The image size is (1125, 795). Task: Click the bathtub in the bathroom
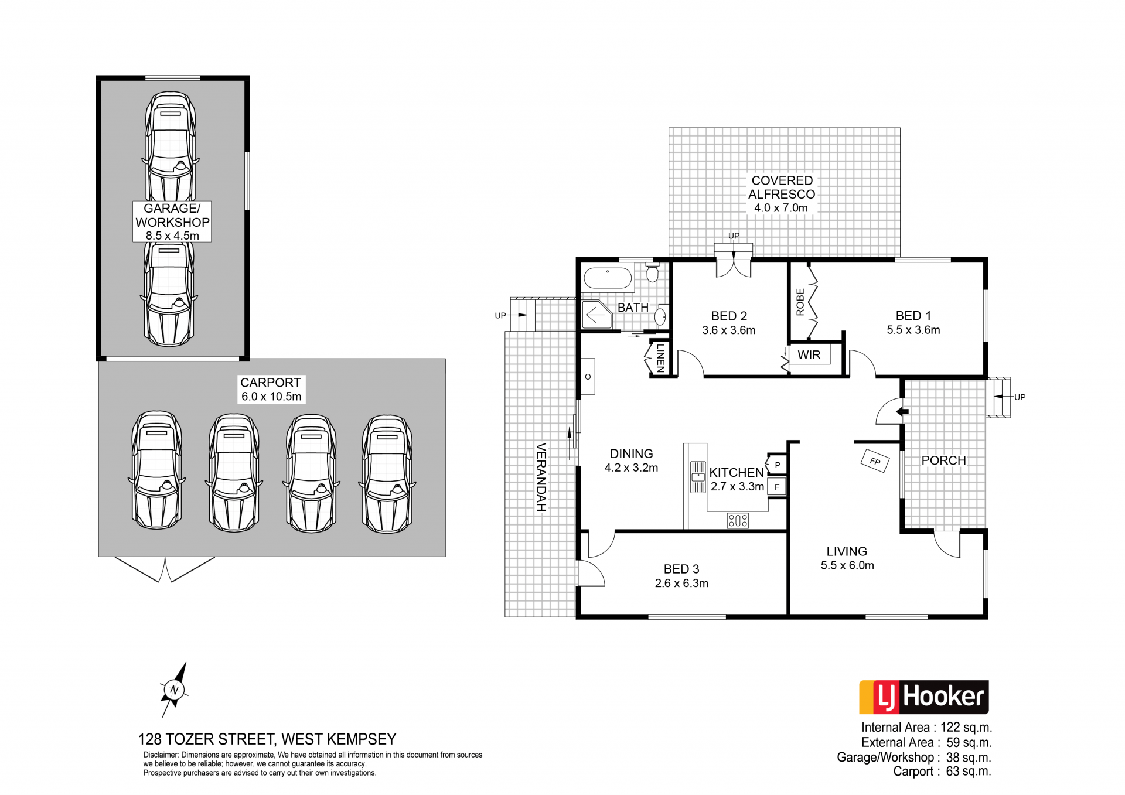click(608, 278)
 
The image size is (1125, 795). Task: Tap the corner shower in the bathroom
click(596, 315)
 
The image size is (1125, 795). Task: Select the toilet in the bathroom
click(652, 272)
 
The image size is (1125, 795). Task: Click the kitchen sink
click(698, 477)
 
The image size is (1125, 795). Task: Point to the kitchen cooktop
click(738, 520)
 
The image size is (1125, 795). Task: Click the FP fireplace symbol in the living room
click(875, 461)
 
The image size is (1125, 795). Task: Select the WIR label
click(809, 355)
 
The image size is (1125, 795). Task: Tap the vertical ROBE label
click(800, 302)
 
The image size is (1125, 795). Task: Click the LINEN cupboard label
click(661, 357)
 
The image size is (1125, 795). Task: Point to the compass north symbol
click(174, 690)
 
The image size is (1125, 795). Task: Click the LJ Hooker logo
click(924, 697)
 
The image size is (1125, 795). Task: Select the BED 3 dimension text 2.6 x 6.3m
click(681, 584)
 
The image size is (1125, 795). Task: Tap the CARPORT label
click(271, 383)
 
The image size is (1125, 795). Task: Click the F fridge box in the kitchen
click(777, 487)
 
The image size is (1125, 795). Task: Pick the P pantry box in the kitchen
click(777, 465)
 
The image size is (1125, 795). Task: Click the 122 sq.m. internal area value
click(966, 728)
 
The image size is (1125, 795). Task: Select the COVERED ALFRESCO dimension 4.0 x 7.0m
click(781, 208)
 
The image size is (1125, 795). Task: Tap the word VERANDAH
click(541, 477)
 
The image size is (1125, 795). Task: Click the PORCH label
click(943, 460)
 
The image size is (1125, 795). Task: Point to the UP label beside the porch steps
click(1020, 397)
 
